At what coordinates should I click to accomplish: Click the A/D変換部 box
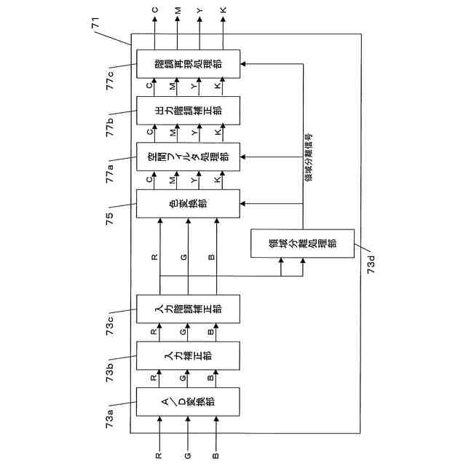[x=188, y=402]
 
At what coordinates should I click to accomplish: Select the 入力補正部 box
[x=188, y=356]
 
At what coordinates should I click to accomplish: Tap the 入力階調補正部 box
[x=188, y=309]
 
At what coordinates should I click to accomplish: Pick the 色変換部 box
[x=188, y=204]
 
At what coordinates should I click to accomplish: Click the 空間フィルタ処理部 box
[x=188, y=157]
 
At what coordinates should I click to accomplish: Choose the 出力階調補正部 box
[x=188, y=111]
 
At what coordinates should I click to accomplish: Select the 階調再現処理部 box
[x=188, y=64]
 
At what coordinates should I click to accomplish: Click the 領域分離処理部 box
[x=303, y=243]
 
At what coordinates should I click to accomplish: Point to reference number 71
[x=95, y=23]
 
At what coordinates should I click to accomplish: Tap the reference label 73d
[x=371, y=264]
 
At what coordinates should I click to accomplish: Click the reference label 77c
[x=110, y=80]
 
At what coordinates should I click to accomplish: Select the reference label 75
[x=109, y=218]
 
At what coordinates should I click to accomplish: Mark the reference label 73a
[x=109, y=419]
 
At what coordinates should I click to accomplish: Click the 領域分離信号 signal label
[x=309, y=157]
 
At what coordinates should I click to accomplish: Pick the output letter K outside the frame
[x=224, y=10]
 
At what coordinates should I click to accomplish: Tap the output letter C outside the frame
[x=155, y=10]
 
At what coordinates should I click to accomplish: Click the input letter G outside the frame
[x=188, y=455]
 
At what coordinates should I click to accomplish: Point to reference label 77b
[x=110, y=127]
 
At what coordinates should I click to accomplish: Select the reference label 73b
[x=109, y=373]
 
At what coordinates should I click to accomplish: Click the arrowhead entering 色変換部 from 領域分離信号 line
[x=242, y=204]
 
